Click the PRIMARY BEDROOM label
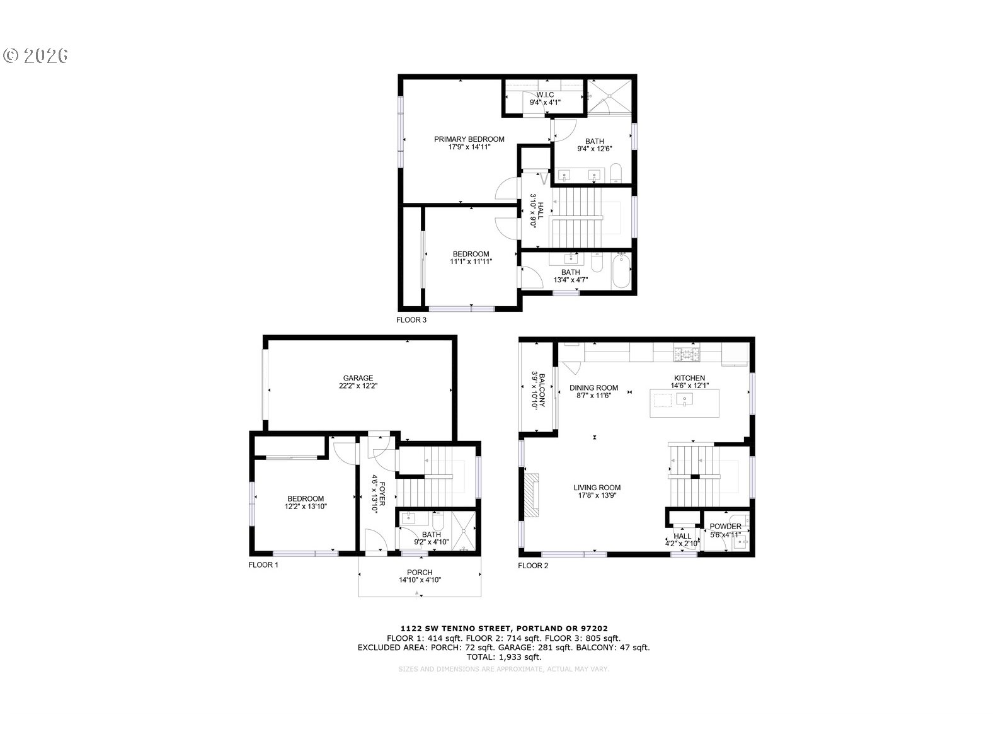(x=469, y=139)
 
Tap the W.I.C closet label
(x=545, y=94)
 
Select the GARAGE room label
(x=358, y=379)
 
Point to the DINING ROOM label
(x=593, y=388)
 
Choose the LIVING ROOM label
(x=597, y=488)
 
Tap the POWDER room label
(x=725, y=527)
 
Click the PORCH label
(x=420, y=573)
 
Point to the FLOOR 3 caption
(x=411, y=320)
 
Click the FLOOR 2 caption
(x=533, y=566)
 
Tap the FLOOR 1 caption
(x=263, y=565)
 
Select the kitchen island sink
(x=684, y=399)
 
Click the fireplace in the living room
(x=532, y=492)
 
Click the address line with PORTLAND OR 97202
(x=504, y=628)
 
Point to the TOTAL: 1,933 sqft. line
(x=504, y=656)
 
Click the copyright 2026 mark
(x=36, y=55)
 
